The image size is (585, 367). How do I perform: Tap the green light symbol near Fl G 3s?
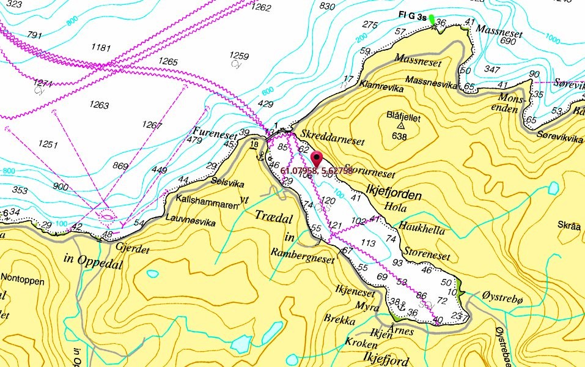[x=433, y=20]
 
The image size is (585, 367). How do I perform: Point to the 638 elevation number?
[x=399, y=136]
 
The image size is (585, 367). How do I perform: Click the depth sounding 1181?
[x=101, y=48]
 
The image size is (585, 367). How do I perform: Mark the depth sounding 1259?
[x=239, y=56]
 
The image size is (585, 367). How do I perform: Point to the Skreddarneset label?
[x=330, y=141]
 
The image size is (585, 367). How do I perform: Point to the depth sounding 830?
[x=328, y=6]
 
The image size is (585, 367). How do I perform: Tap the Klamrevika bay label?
[x=382, y=89]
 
